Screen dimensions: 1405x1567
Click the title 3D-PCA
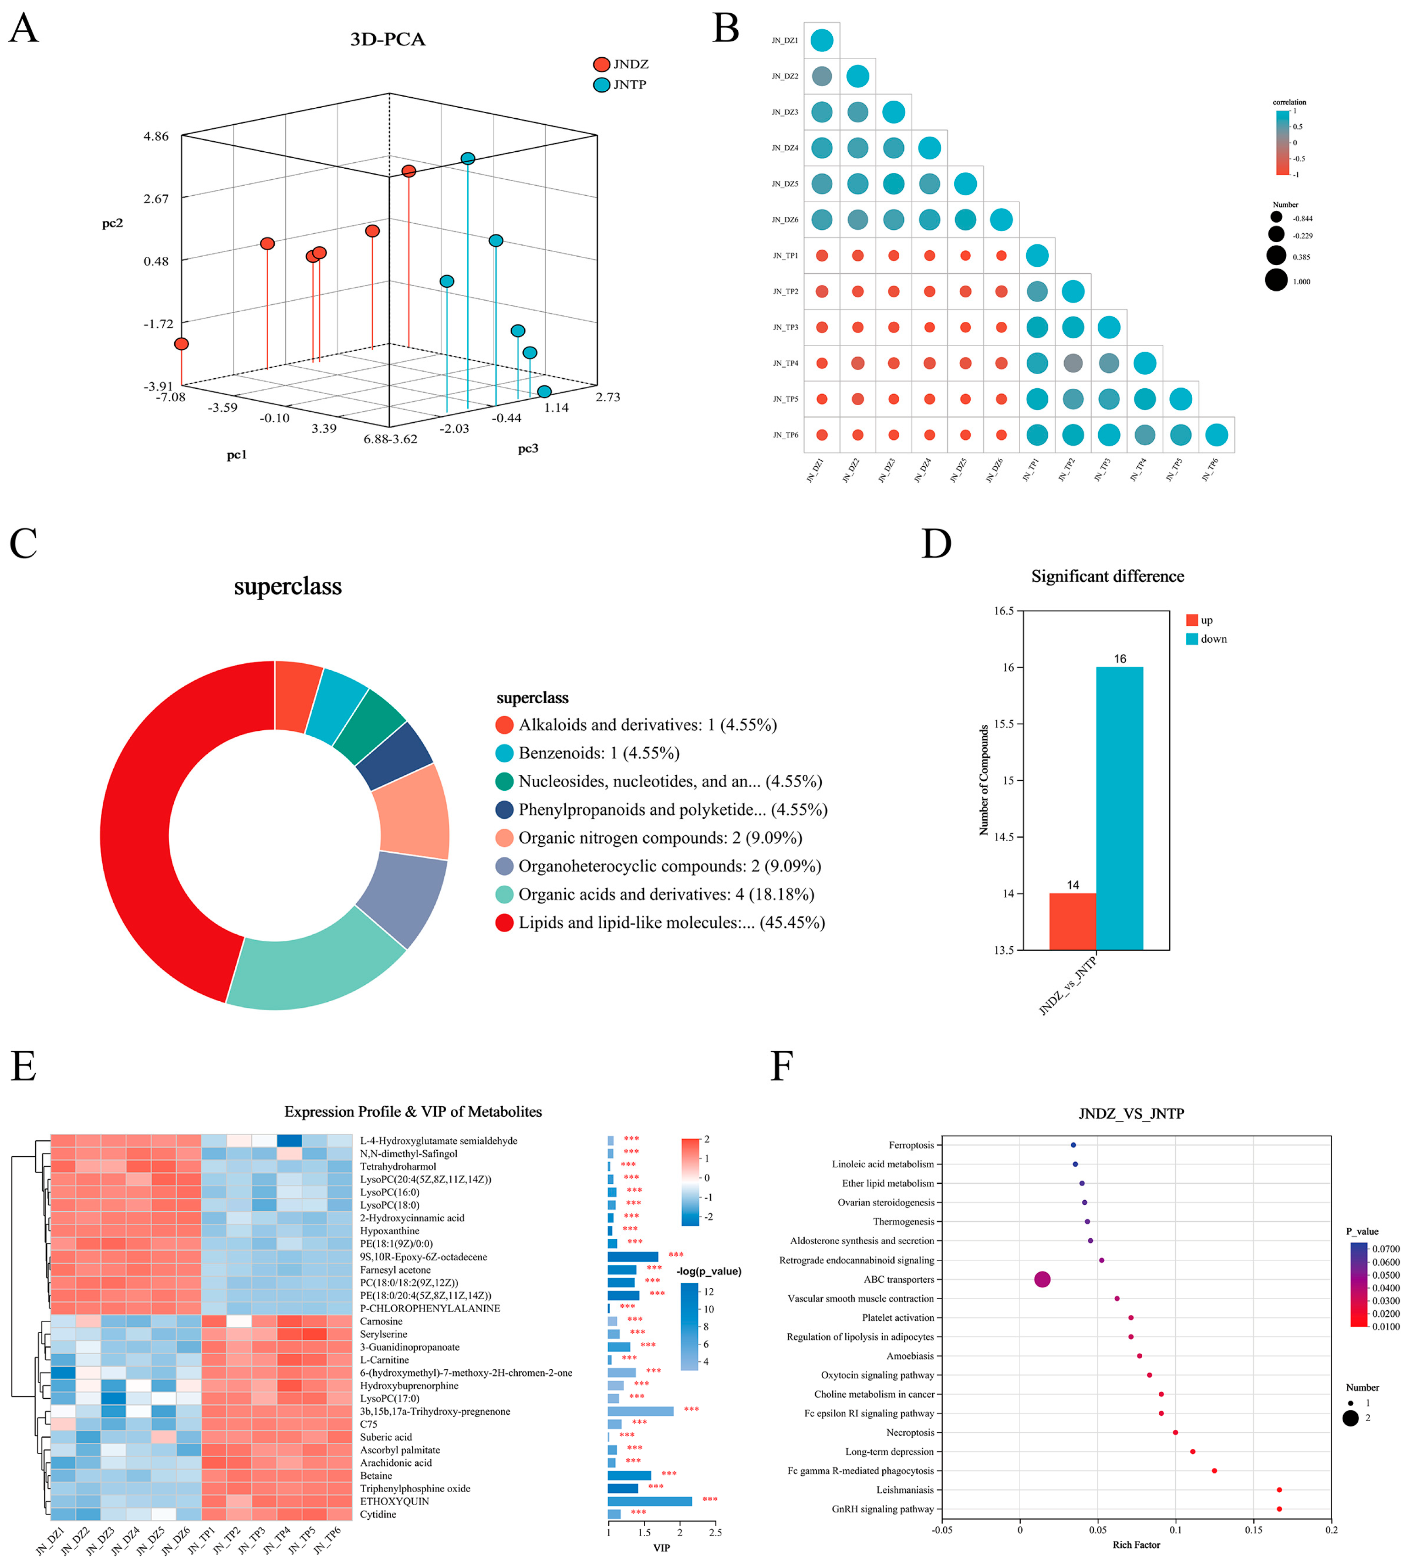tap(387, 39)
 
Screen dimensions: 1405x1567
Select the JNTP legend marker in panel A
tap(601, 85)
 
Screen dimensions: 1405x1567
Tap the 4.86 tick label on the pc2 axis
tap(156, 137)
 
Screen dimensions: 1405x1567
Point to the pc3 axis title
tap(528, 448)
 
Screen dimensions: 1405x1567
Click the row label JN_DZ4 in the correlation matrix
tap(785, 148)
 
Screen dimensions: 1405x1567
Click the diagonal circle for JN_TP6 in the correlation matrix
tap(1216, 435)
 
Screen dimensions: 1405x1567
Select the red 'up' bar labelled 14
tap(1072, 921)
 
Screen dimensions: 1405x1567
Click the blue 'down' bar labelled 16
tap(1119, 808)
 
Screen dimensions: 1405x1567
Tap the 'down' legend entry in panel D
tap(1206, 639)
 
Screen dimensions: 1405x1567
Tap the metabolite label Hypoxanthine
tap(390, 1230)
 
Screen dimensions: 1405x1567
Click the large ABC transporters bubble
tap(1042, 1279)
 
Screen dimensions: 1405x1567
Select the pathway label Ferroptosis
tap(911, 1145)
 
